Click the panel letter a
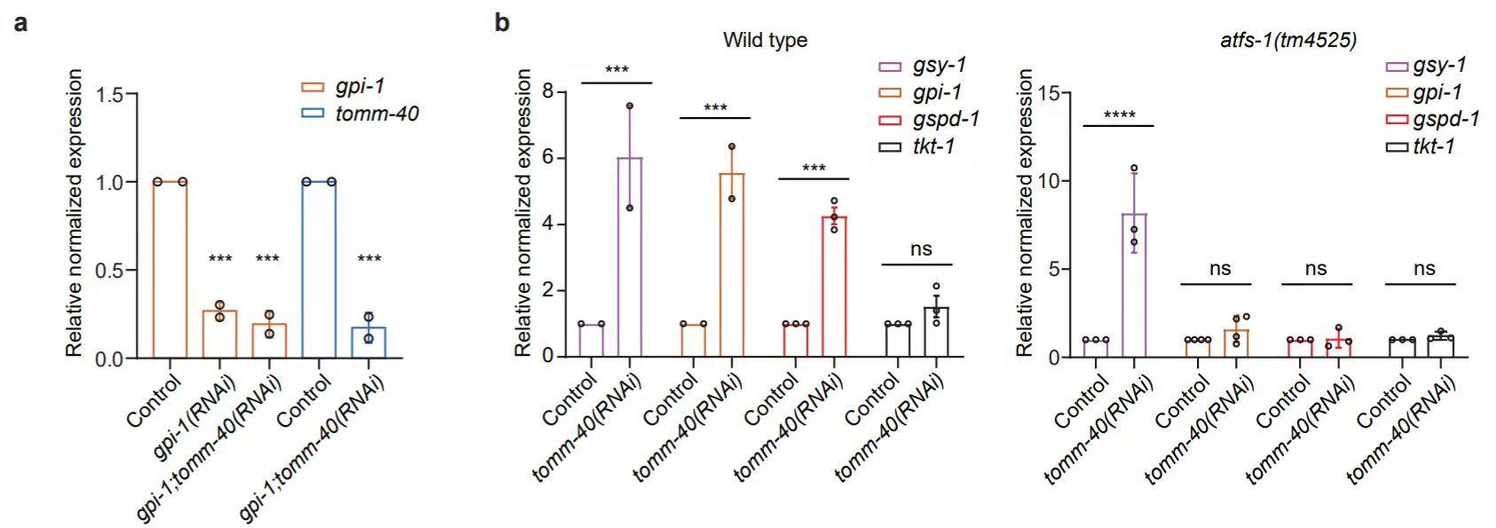point(20,22)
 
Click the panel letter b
point(502,22)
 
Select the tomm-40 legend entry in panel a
point(377,114)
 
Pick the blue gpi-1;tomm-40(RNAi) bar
point(368,343)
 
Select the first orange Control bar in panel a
point(169,270)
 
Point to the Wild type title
point(765,40)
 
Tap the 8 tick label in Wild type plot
point(547,92)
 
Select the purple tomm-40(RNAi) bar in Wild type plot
point(629,257)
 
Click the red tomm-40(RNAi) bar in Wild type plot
point(833,286)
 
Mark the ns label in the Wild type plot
point(921,249)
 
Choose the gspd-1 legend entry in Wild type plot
point(946,119)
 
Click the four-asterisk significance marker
point(1119,114)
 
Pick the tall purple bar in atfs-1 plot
point(1133,285)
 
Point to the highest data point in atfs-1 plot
point(1134,168)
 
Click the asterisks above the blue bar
point(368,258)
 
